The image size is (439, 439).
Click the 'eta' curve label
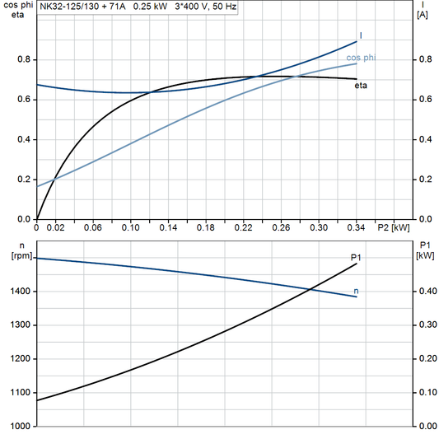[x=361, y=85]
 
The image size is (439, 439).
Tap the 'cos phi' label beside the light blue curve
[x=362, y=58]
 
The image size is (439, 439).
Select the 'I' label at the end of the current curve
[x=361, y=35]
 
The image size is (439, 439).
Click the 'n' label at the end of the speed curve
[x=356, y=291]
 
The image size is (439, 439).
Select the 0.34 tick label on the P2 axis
[x=356, y=227]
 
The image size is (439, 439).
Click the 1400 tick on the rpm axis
[x=22, y=292]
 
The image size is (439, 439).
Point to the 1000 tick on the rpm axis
[x=22, y=427]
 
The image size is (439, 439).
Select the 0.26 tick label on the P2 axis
[x=281, y=227]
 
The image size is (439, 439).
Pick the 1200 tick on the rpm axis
[x=22, y=359]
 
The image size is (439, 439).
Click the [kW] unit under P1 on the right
[x=424, y=255]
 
